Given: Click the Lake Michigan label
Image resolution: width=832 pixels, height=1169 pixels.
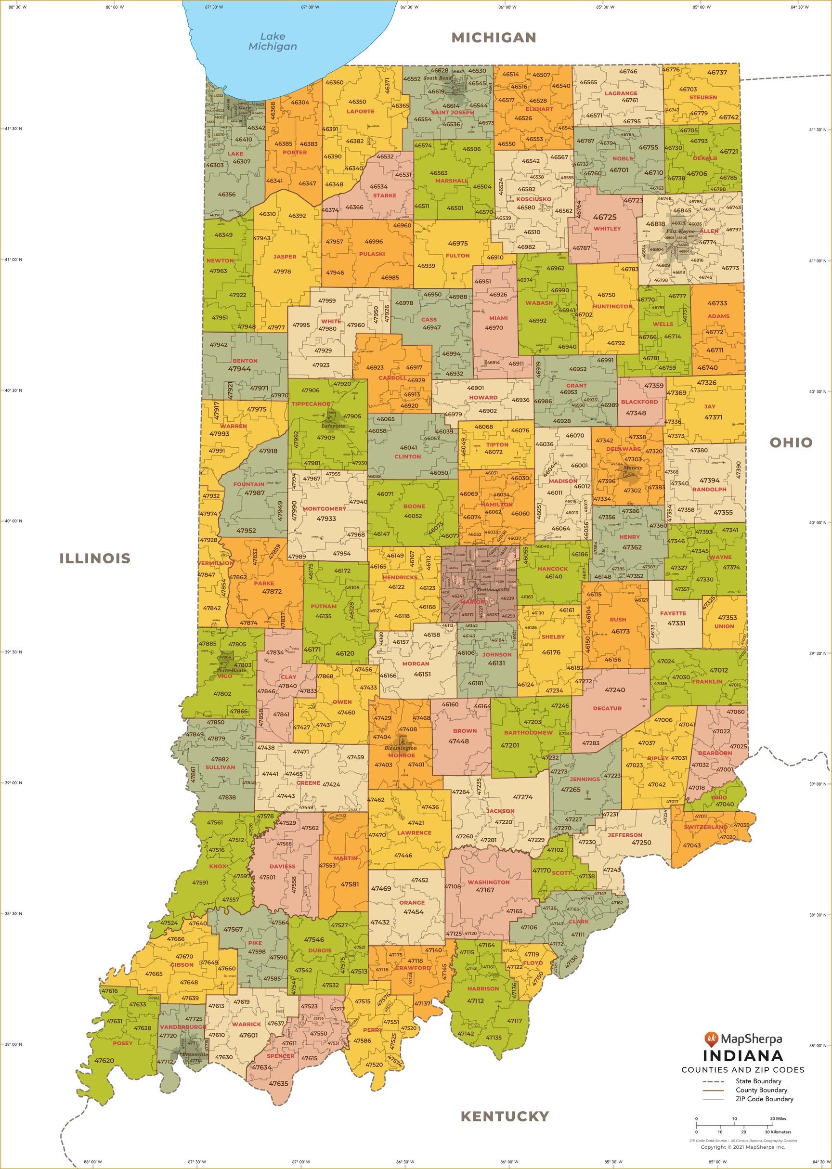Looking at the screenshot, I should click(x=272, y=41).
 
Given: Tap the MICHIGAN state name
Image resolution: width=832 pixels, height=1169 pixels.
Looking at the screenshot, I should click(x=494, y=38).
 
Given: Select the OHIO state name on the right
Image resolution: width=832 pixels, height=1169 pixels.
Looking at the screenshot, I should click(x=791, y=442).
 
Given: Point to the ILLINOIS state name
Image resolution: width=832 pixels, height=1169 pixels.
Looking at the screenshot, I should click(x=95, y=559).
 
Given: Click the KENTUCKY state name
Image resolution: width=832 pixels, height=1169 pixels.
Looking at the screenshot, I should click(x=504, y=1116).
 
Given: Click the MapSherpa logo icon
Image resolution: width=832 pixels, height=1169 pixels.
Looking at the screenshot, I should click(x=711, y=1039).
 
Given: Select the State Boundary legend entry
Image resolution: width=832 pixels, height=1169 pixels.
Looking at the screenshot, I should click(x=758, y=1081).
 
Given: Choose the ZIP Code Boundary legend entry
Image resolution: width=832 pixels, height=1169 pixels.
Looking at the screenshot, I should click(x=765, y=1099).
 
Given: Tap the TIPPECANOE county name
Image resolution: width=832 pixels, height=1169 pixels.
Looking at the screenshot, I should click(x=311, y=403).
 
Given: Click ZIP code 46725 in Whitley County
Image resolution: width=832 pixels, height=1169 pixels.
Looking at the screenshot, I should click(x=605, y=217).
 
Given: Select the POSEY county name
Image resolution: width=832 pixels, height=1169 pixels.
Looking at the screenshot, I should click(x=122, y=1043).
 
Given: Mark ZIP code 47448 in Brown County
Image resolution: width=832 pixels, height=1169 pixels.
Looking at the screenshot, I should click(x=458, y=741).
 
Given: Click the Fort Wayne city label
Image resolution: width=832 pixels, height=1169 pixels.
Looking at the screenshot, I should click(x=680, y=232).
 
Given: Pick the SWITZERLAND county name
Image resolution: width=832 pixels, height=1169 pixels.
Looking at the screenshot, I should click(x=705, y=827).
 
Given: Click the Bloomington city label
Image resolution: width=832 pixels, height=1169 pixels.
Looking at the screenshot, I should click(x=401, y=748).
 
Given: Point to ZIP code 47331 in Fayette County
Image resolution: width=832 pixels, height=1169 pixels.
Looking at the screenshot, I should click(x=676, y=623).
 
